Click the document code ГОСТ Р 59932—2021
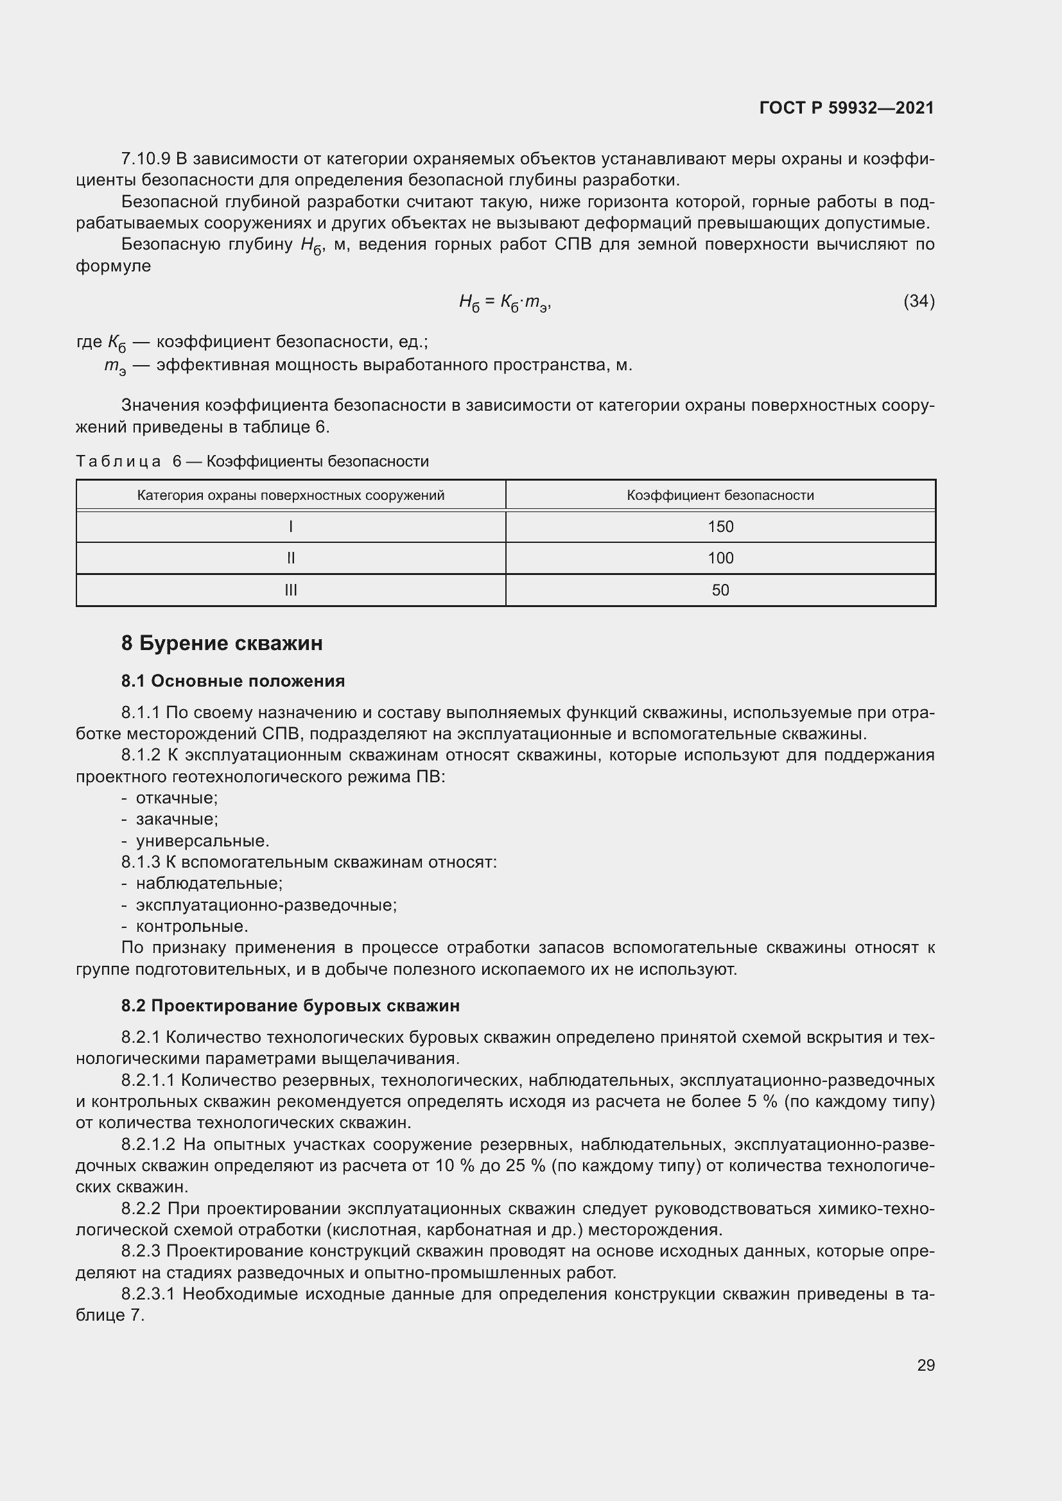(846, 108)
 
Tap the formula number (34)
(919, 301)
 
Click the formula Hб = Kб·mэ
(505, 302)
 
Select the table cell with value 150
(720, 527)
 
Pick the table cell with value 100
(720, 558)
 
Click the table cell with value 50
(720, 590)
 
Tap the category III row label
(291, 590)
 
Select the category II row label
(291, 558)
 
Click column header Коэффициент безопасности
(720, 495)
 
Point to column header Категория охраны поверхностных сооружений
(291, 495)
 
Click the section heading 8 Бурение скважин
(222, 643)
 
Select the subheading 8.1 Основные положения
(233, 682)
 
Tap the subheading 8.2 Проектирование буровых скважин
(290, 1006)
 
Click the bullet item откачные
(177, 798)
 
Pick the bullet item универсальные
(202, 841)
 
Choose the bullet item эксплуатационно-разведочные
(266, 905)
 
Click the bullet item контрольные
(191, 927)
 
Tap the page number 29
(925, 1365)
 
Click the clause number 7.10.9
(145, 159)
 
